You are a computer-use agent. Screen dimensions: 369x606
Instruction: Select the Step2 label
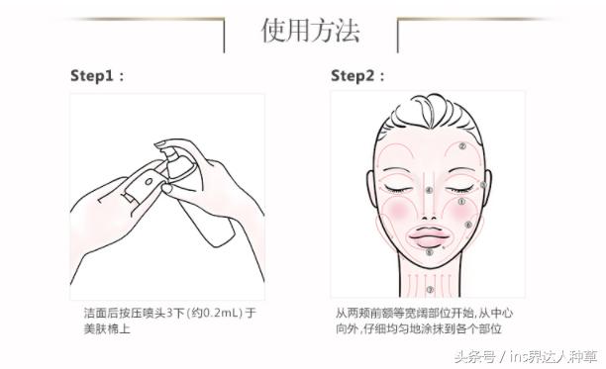357,75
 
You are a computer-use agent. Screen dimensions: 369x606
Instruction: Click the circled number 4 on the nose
428,189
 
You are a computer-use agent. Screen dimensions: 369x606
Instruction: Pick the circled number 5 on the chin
429,253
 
